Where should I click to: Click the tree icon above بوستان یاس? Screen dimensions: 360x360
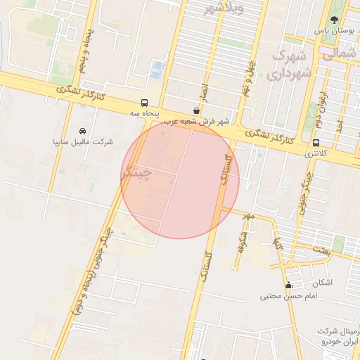click(x=333, y=20)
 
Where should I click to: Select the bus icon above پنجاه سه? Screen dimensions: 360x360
click(x=144, y=102)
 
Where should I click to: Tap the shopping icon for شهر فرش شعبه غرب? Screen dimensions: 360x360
click(x=195, y=110)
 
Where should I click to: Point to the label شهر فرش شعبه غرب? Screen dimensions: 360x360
click(x=203, y=121)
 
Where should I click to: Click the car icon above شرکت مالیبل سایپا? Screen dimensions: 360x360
click(x=83, y=131)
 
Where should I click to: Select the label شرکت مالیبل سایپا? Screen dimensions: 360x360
click(x=83, y=141)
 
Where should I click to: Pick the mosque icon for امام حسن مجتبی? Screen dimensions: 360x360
click(x=288, y=285)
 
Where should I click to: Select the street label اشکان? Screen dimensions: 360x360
click(x=321, y=283)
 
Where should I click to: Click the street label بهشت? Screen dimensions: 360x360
click(x=321, y=250)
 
